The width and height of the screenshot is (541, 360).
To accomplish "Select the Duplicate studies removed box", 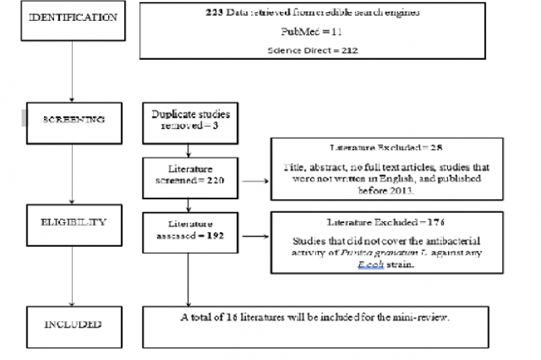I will click(188, 119).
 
